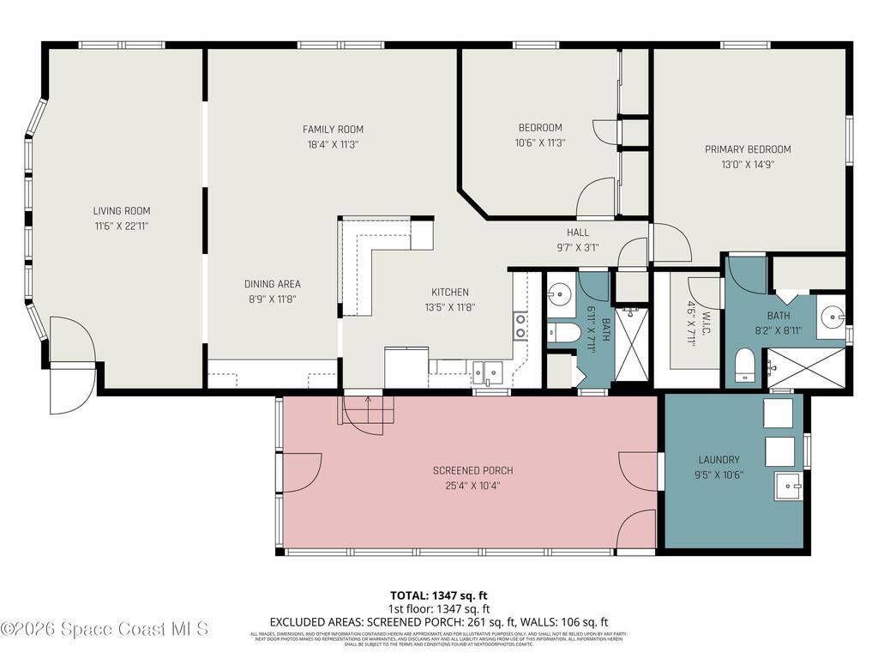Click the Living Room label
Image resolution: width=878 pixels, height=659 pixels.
coord(122,210)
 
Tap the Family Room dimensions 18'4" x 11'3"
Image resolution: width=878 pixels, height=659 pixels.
coord(333,144)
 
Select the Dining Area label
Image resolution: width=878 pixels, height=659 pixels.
coord(273,284)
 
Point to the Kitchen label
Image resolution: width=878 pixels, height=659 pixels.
coord(449,292)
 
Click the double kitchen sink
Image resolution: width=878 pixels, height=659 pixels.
coord(487,372)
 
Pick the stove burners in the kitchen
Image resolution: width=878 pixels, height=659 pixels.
coord(520,324)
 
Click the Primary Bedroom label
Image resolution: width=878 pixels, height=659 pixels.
coord(748,149)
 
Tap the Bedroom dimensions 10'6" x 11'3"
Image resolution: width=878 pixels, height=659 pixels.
coord(540,143)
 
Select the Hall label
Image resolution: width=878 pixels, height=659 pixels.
coord(577,233)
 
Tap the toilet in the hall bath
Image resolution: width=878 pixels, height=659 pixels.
coord(565,332)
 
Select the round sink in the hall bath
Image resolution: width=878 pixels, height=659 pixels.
coord(560,293)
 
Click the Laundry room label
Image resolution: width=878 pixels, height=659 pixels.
coord(719,460)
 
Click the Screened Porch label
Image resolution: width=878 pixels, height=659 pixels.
coord(472,470)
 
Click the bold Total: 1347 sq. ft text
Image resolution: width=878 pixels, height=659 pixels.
coord(439,595)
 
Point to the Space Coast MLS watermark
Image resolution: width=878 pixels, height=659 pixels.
coord(105,629)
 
